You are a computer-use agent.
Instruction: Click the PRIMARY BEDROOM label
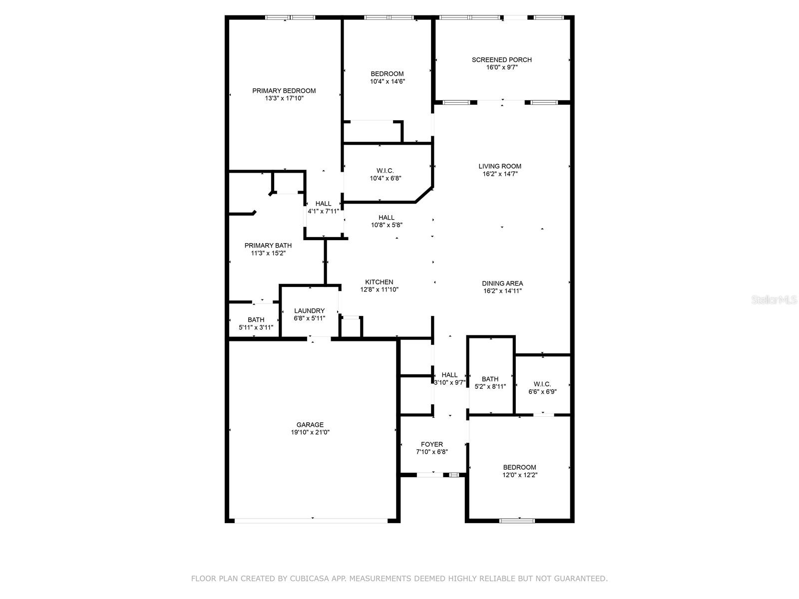coord(284,90)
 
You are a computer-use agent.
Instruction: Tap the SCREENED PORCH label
coord(501,59)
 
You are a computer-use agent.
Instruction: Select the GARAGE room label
coord(310,424)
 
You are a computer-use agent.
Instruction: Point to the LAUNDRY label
coord(309,310)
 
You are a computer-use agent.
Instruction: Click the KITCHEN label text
coord(379,282)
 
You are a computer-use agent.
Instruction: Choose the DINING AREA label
coord(502,284)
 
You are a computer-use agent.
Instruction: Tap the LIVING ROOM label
coord(500,166)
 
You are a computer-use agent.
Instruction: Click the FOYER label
coord(432,444)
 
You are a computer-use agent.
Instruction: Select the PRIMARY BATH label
coord(268,246)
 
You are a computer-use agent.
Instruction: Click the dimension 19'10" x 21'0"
coord(310,432)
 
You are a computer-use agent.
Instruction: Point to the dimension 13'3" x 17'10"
coord(284,98)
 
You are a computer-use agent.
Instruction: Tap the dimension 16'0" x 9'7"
coord(501,67)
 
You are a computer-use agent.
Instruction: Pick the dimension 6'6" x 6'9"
coord(542,392)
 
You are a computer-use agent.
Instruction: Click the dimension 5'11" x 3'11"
coord(256,327)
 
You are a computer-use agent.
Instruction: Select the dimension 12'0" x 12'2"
coord(520,475)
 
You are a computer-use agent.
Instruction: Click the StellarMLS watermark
coord(774,299)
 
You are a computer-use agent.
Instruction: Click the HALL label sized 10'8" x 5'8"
coord(386,218)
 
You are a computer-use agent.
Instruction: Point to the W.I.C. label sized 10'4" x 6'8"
coord(385,171)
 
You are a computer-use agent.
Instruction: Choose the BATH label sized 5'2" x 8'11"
coord(490,379)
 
